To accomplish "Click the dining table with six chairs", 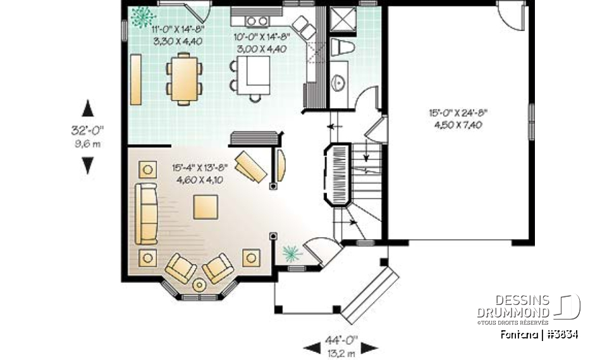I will [x=184, y=78].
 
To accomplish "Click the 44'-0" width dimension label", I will [x=341, y=340].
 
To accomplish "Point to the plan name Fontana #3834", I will [x=539, y=334].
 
